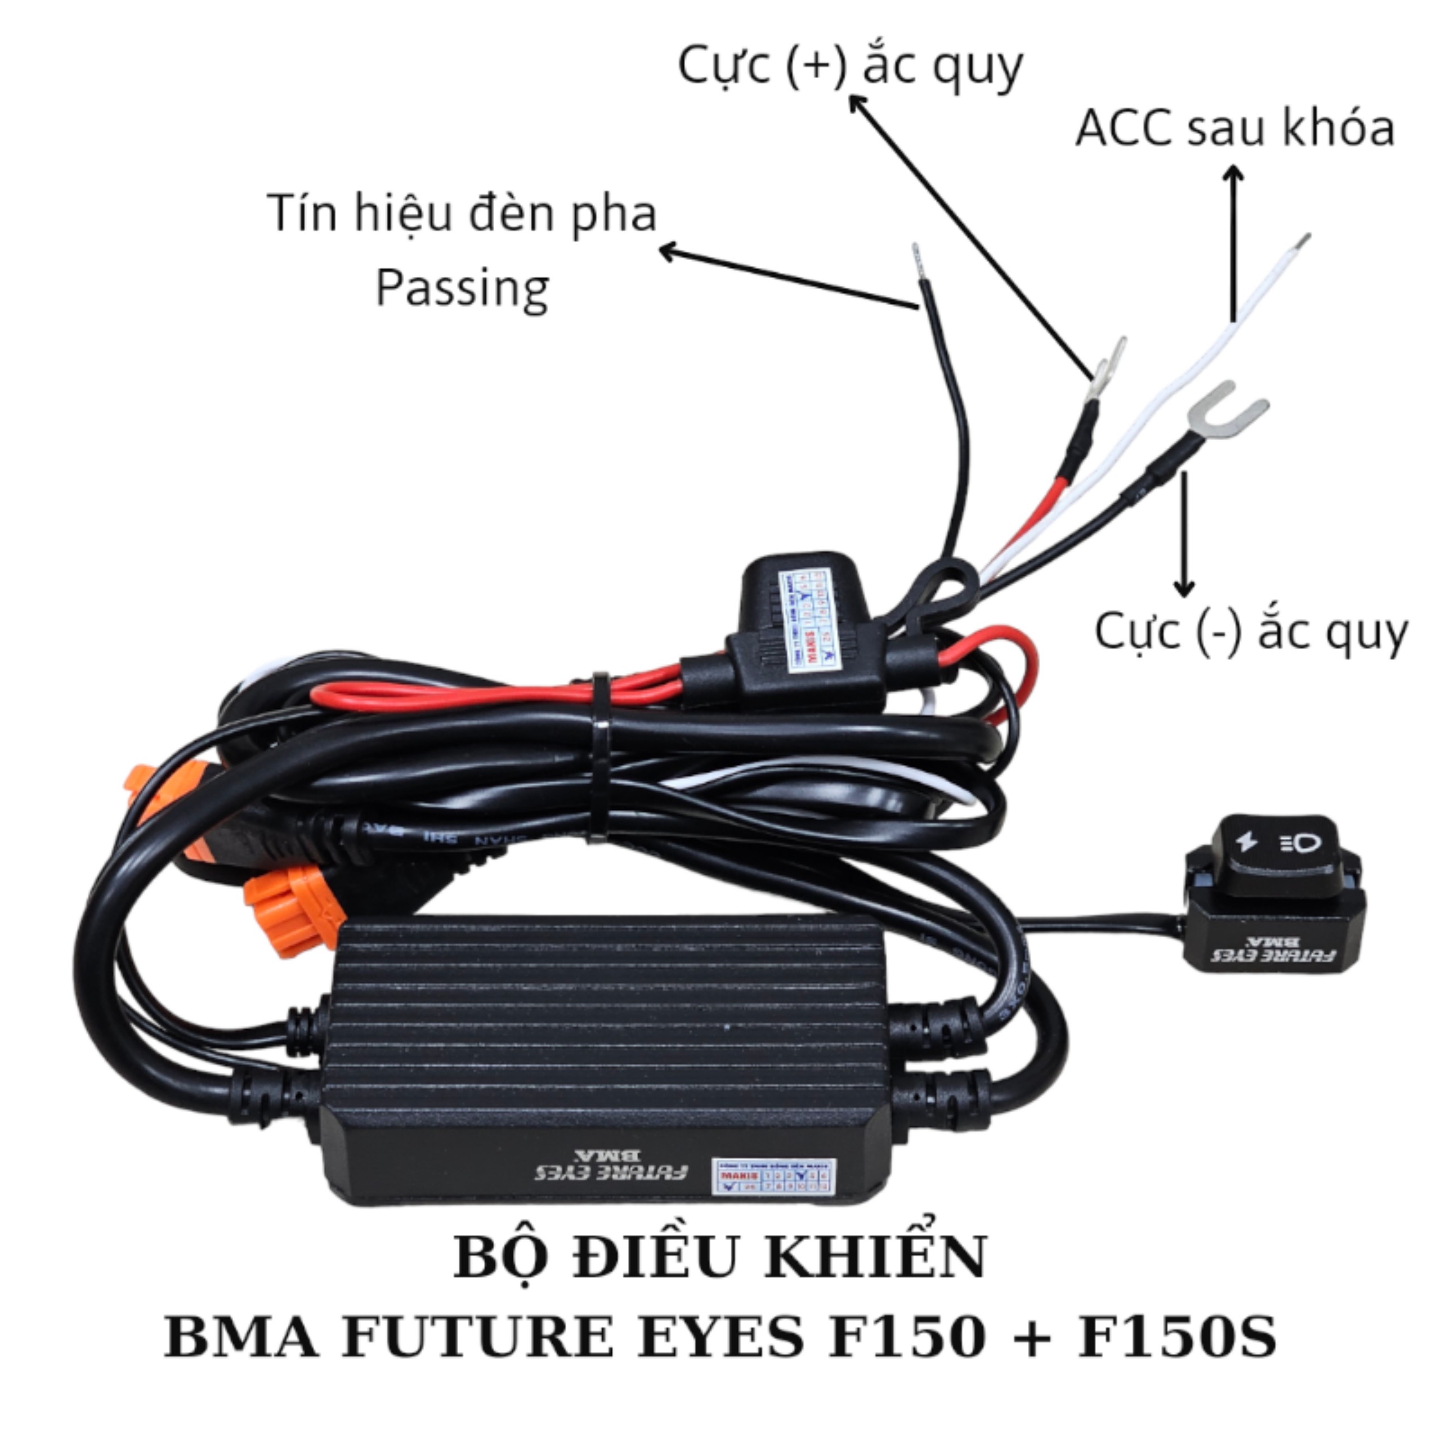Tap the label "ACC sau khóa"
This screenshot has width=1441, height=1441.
tap(1234, 128)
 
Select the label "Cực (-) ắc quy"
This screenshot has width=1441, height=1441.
tap(1250, 633)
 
